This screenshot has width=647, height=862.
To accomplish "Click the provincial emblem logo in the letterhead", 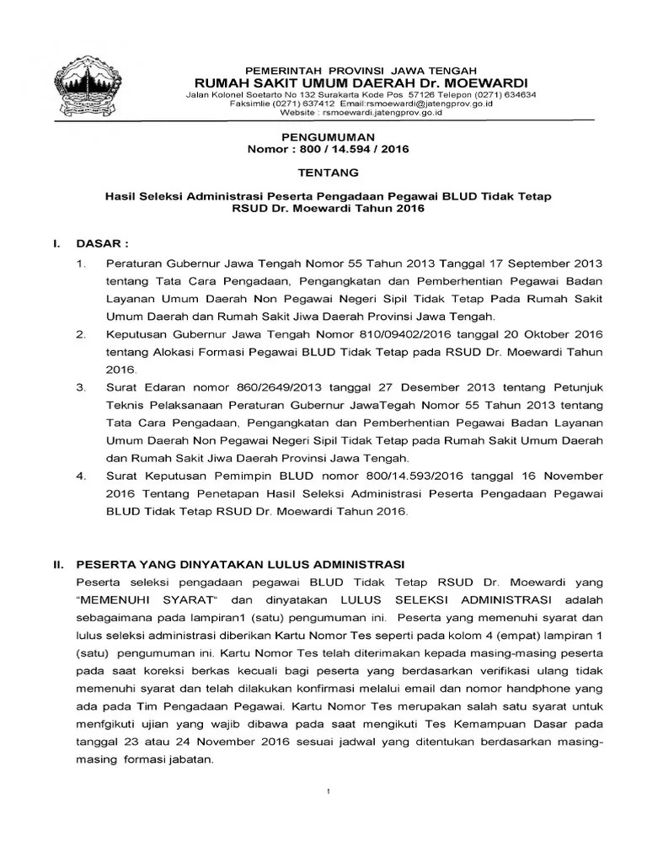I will coord(82,88).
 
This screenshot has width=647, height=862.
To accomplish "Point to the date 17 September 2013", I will coord(548,263).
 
